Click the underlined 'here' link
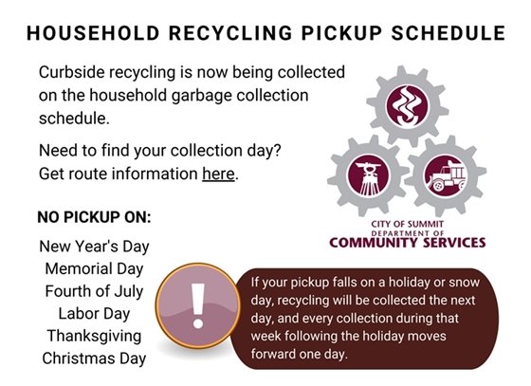219,174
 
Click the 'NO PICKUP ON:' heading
94,216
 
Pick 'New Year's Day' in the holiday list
94,246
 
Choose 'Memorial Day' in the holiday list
94,268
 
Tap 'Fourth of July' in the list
94,290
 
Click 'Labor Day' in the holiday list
94,313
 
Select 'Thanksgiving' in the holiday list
94,336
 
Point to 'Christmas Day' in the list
94,358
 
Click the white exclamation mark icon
198,305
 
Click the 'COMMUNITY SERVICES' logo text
408,242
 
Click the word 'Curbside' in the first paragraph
70,73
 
